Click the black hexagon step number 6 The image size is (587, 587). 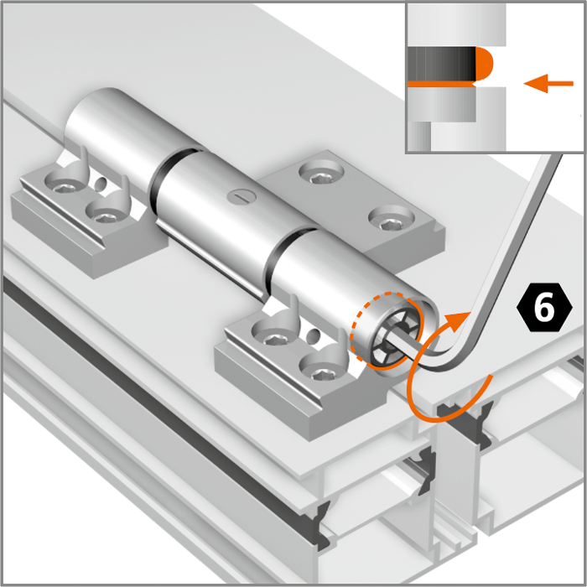pos(544,308)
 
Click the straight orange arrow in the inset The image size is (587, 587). pos(548,83)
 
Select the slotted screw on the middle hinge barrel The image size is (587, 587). pos(242,195)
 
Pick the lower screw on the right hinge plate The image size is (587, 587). pos(392,220)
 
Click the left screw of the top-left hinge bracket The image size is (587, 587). pos(64,183)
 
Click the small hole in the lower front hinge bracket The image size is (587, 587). pos(313,335)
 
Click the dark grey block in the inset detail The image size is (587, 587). pos(441,64)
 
